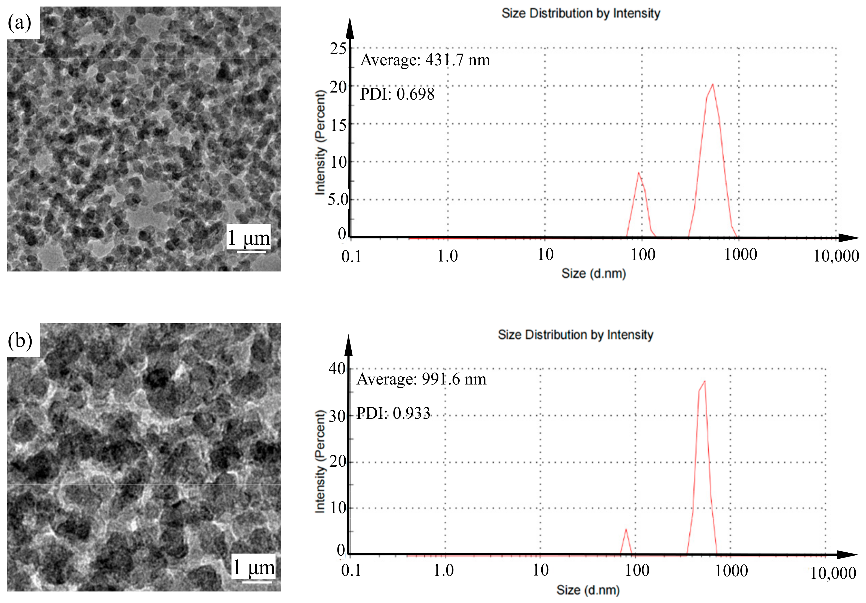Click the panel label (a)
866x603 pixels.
point(20,23)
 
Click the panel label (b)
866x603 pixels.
point(20,340)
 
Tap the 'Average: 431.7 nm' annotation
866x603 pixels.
point(425,60)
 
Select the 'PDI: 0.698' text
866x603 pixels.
point(397,94)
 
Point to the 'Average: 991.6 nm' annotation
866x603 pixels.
point(421,379)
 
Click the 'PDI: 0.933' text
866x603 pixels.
point(393,413)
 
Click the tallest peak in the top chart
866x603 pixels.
point(713,85)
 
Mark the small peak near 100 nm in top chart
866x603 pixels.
point(638,173)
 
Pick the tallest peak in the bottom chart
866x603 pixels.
point(704,382)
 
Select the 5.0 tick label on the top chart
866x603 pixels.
point(337,199)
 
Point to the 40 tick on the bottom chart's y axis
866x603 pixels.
point(337,368)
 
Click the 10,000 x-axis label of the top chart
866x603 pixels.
point(836,256)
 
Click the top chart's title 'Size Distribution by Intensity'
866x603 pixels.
point(581,13)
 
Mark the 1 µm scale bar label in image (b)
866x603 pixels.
point(253,567)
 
